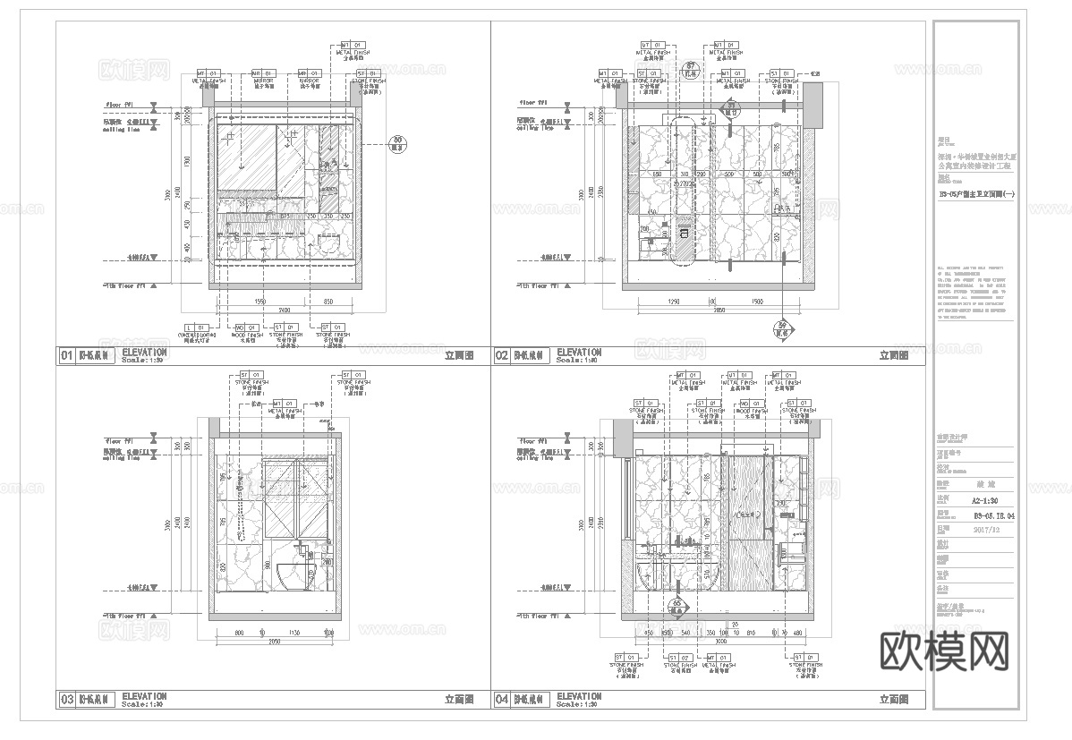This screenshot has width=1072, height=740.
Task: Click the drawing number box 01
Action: pyautogui.click(x=65, y=356)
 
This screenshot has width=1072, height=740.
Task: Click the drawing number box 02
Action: pyautogui.click(x=501, y=356)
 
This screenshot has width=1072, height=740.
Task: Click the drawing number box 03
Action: pyautogui.click(x=65, y=699)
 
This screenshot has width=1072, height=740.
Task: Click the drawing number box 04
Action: pyautogui.click(x=501, y=699)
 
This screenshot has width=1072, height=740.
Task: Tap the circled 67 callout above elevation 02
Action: pyautogui.click(x=690, y=71)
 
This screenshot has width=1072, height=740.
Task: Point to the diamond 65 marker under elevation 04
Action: pyautogui.click(x=677, y=606)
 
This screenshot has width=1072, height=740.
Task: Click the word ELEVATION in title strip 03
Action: pyautogui.click(x=144, y=695)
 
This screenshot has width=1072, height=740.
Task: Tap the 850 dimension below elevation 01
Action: pyautogui.click(x=328, y=301)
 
